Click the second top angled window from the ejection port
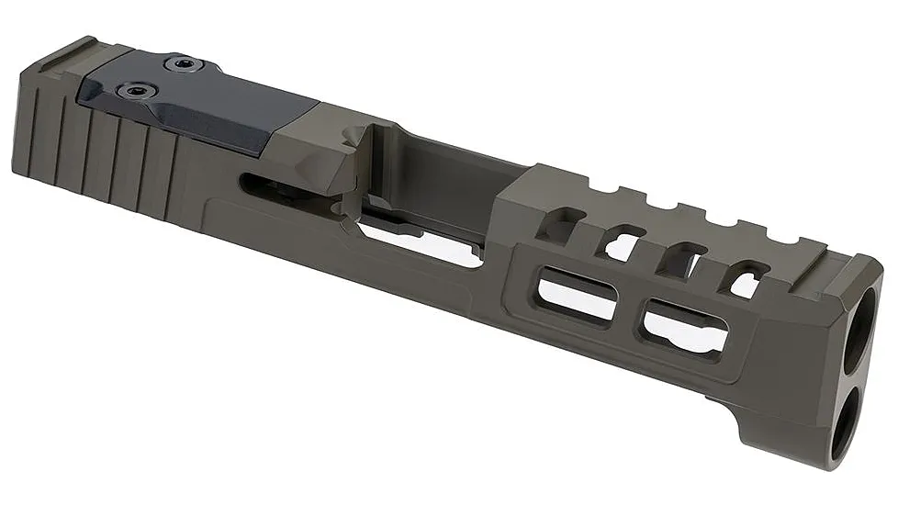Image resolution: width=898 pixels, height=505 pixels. [x=623, y=243]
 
